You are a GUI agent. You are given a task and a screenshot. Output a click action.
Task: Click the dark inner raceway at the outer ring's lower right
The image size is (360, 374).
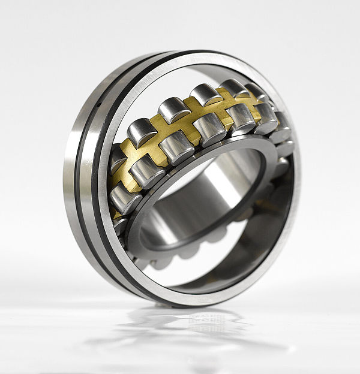(264, 240)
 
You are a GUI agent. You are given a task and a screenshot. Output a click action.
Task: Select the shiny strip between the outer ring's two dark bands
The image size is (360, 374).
(90, 180)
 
